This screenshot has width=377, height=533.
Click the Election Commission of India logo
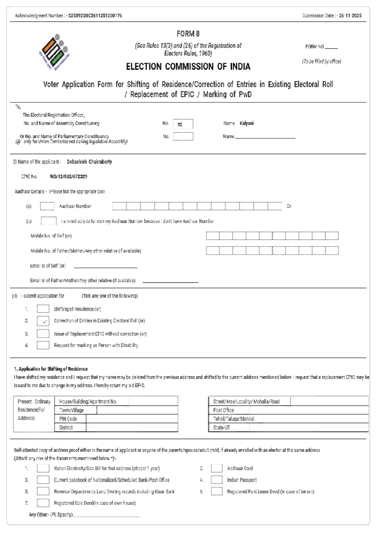(54, 52)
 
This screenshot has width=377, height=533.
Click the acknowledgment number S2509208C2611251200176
(95, 15)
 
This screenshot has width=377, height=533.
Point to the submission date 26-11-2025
(350, 15)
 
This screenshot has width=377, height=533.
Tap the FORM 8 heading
(188, 34)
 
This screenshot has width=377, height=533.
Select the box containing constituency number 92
(183, 124)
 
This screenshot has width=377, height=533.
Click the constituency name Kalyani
(247, 123)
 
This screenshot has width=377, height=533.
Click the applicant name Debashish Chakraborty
(89, 162)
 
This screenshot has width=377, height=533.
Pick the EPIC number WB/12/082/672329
(68, 177)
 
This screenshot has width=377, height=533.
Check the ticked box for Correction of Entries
(43, 321)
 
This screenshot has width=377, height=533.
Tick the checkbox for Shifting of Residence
(43, 309)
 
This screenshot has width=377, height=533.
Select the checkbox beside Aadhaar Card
(216, 468)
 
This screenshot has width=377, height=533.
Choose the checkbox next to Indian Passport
(216, 480)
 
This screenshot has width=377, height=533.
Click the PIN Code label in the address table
(68, 419)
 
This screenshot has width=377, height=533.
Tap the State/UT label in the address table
(221, 428)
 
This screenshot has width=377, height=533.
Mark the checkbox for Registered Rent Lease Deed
(216, 491)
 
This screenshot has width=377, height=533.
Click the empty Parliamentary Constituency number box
(183, 136)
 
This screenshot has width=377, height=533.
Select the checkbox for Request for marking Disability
(43, 345)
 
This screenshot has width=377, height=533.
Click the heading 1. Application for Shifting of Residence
(51, 369)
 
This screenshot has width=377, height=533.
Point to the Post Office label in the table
(223, 410)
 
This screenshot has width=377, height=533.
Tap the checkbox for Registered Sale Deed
(43, 503)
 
